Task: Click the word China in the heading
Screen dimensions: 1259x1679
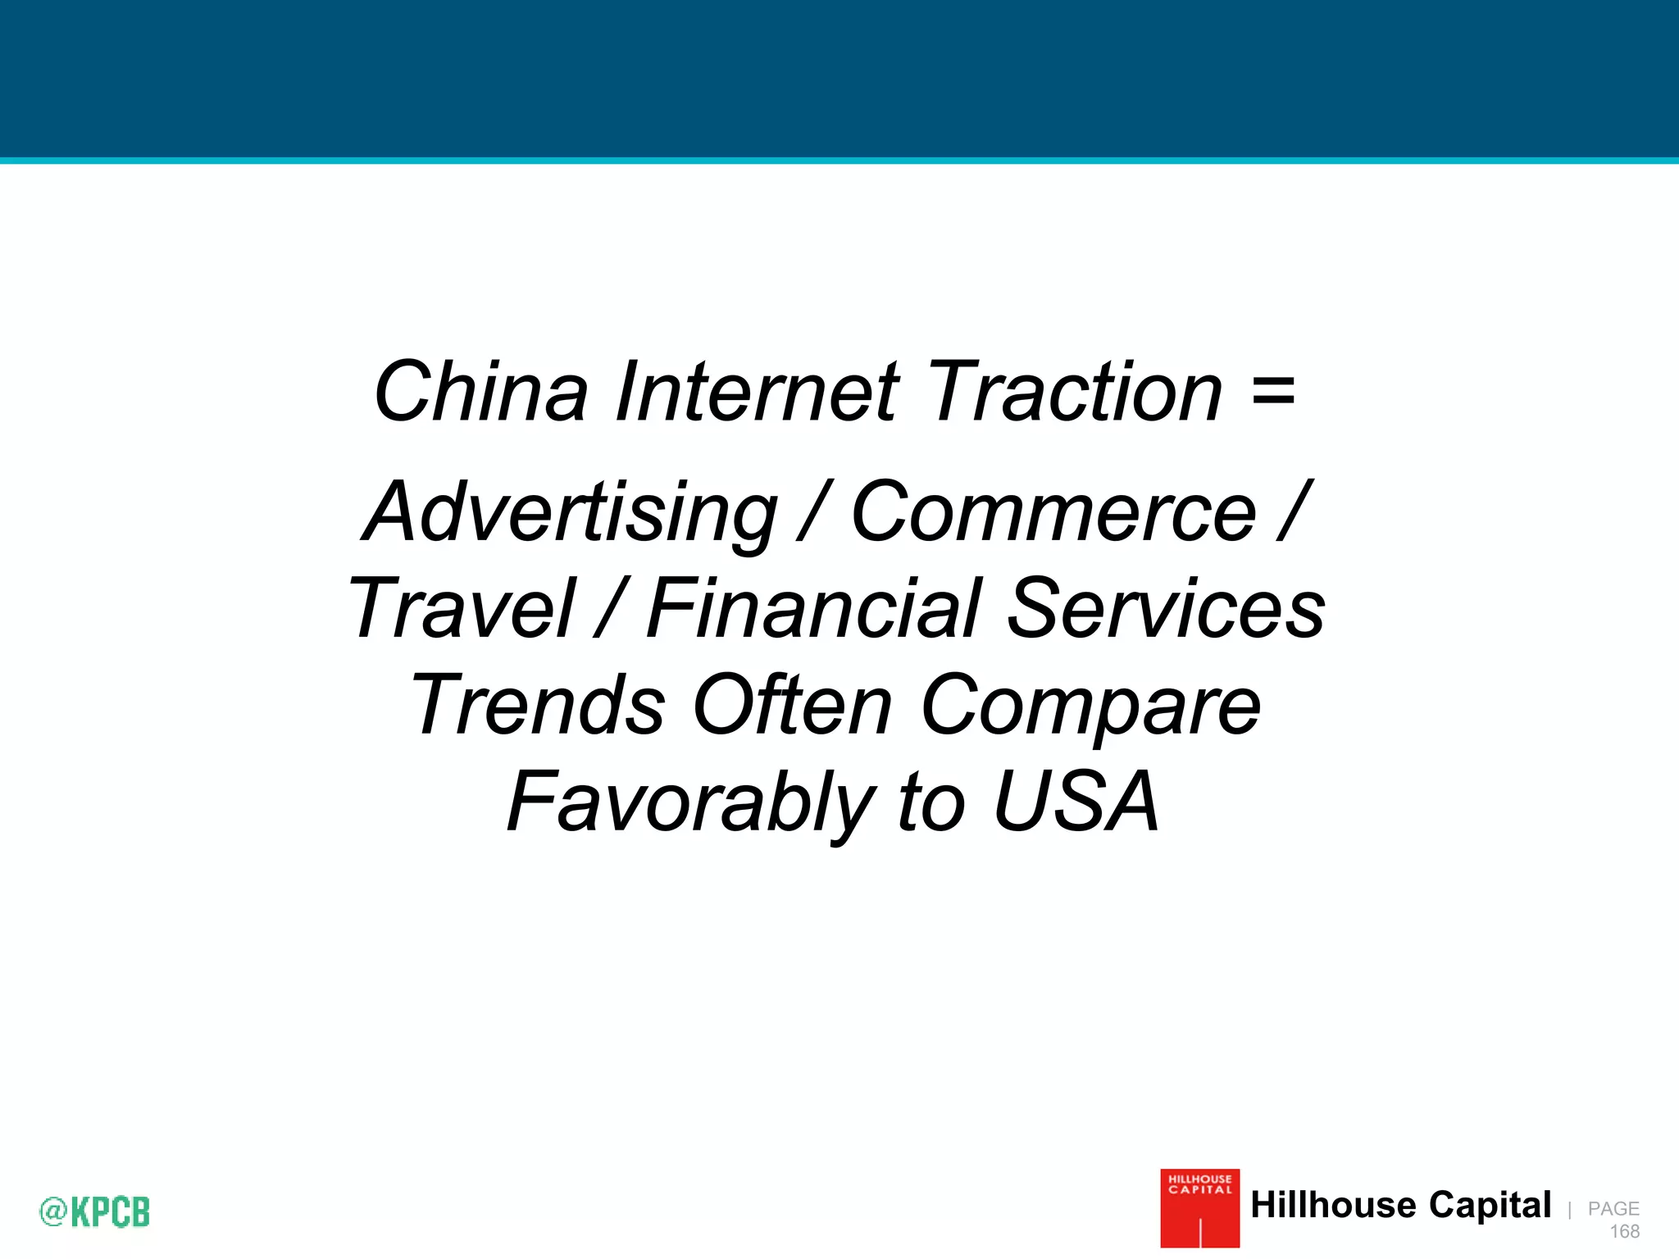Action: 481,392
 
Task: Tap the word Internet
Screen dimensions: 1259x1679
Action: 758,392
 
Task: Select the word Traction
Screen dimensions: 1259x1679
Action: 1075,392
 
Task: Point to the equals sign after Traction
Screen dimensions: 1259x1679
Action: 1273,392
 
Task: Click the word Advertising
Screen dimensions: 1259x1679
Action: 570,512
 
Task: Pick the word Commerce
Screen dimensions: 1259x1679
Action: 1053,512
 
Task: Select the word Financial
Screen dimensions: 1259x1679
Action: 813,608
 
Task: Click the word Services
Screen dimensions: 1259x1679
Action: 1166,608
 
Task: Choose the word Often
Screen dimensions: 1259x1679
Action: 792,705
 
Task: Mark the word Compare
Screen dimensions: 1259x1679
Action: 1090,707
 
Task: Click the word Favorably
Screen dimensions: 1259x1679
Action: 691,802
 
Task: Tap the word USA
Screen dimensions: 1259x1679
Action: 1076,802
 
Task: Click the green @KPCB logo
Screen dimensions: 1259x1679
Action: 95,1211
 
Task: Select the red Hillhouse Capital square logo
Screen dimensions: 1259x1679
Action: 1199,1208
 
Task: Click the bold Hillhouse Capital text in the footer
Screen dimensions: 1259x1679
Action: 1400,1205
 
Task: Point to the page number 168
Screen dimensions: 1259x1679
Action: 1624,1231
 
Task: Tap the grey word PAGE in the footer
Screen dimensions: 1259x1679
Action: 1613,1208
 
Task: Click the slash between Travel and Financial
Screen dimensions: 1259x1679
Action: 612,608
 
